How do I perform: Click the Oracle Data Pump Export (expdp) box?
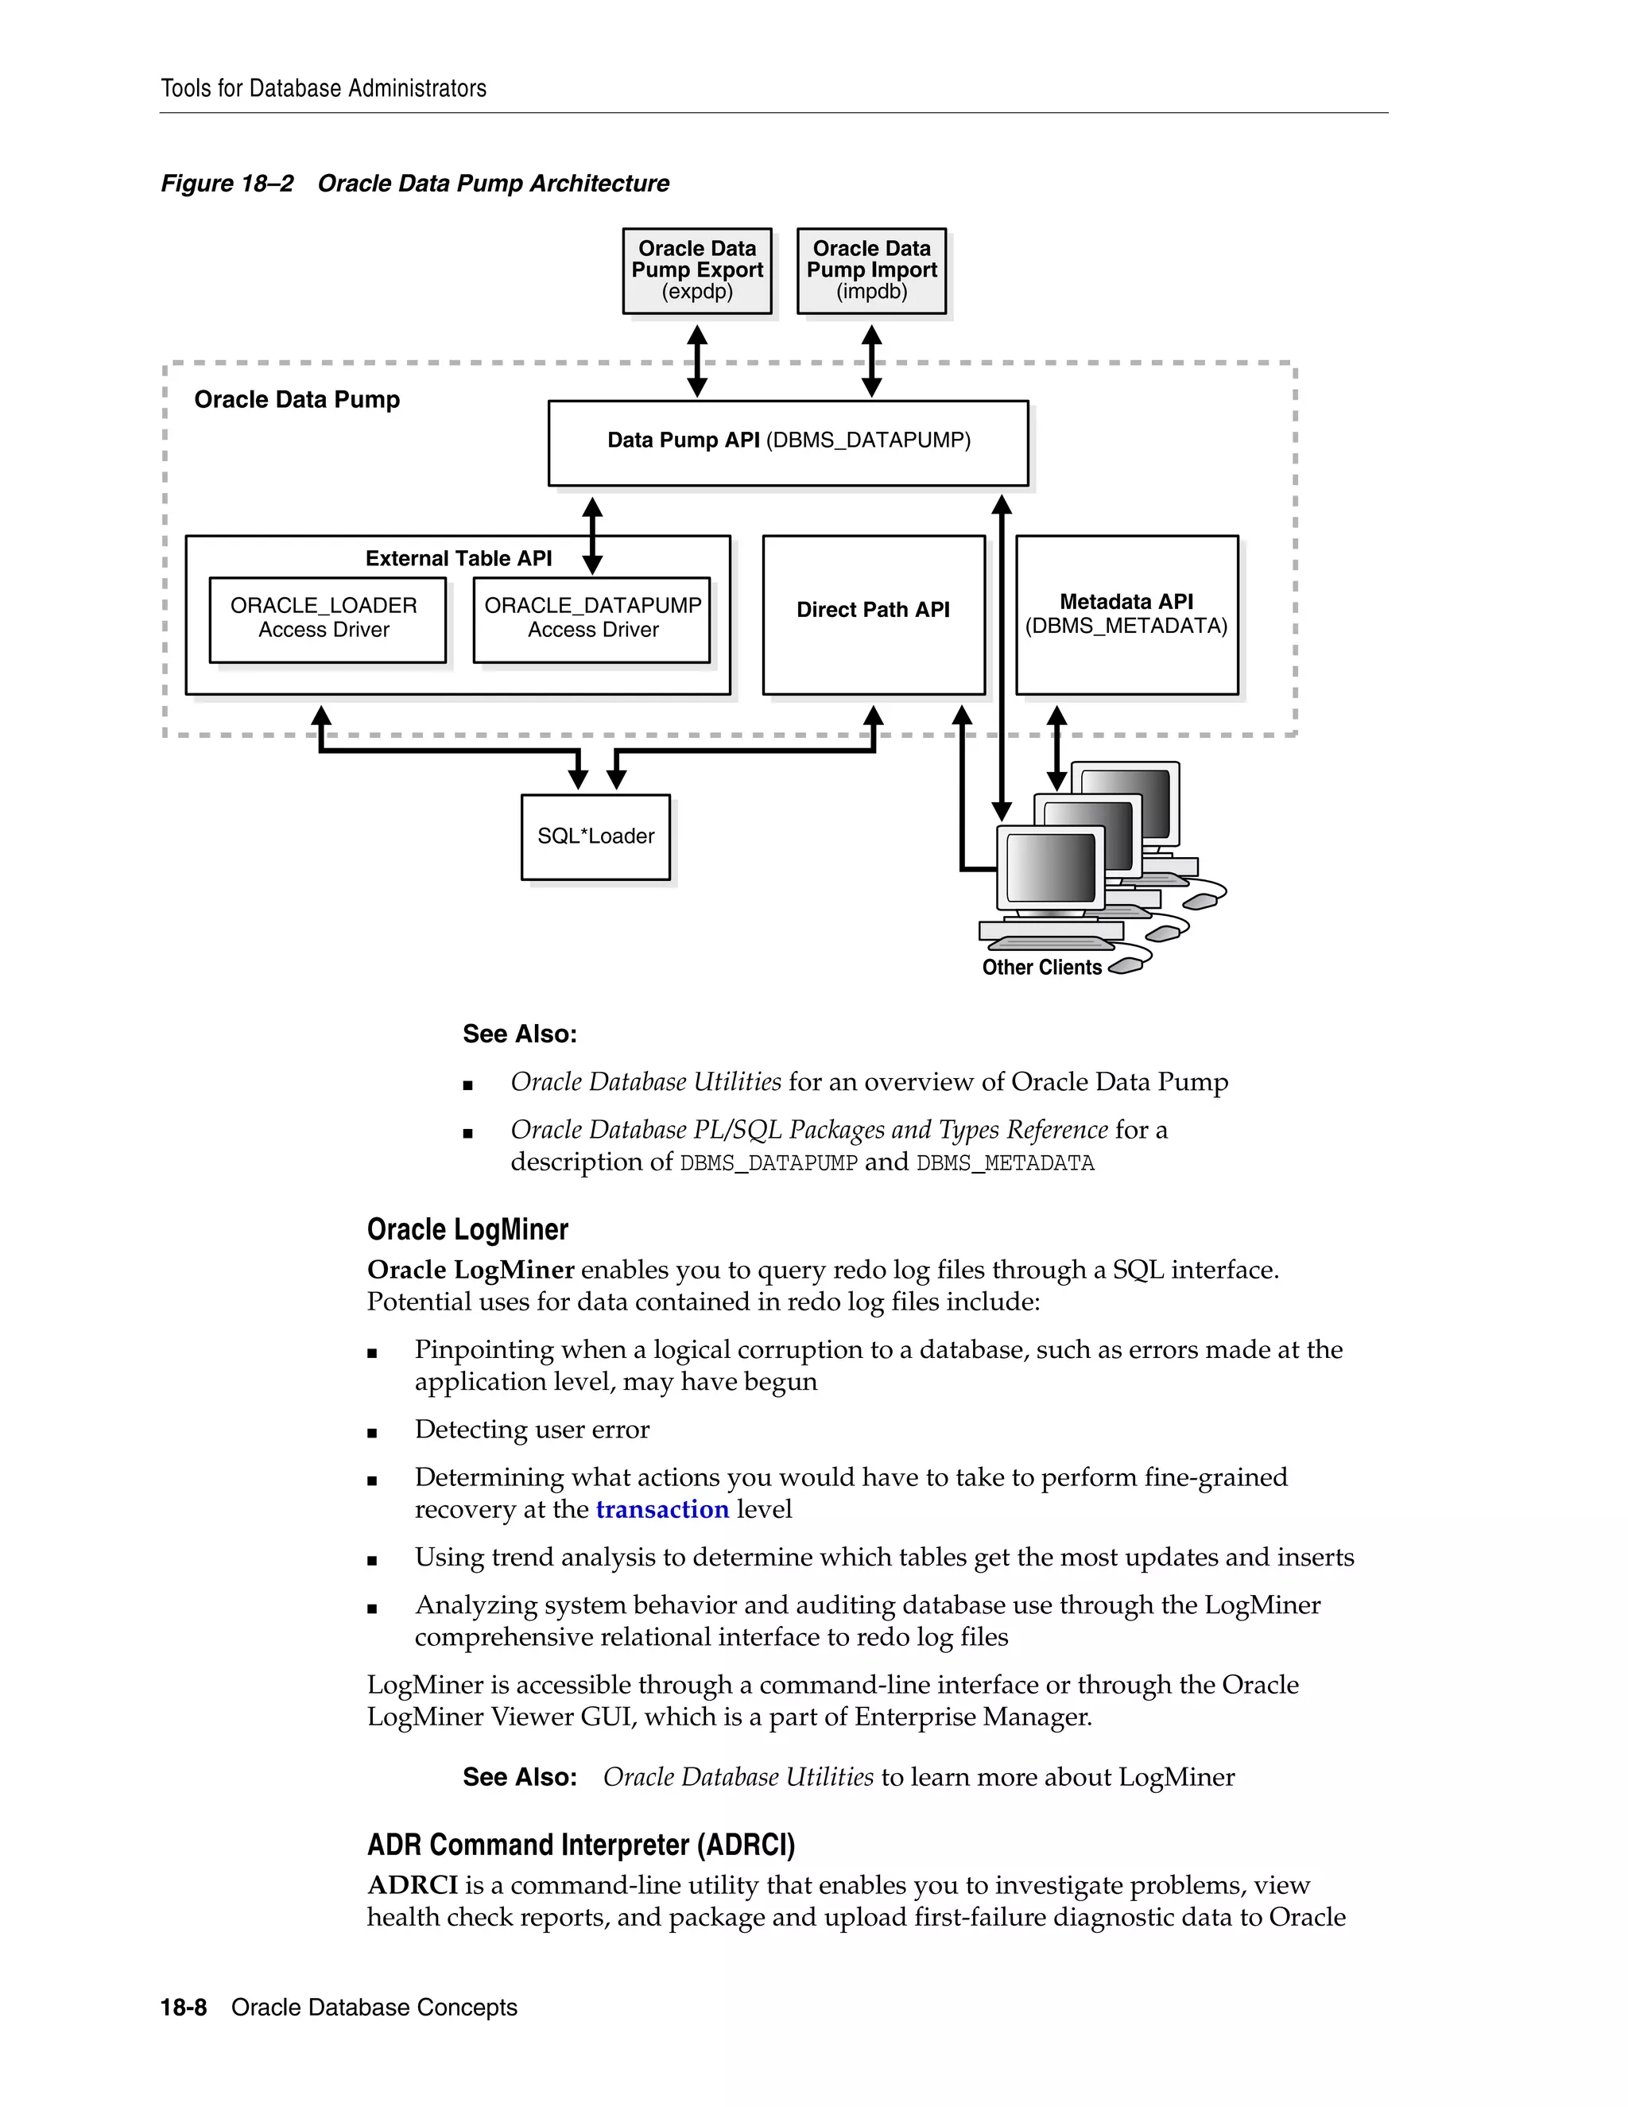[696, 270]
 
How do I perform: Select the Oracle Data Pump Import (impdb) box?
[871, 270]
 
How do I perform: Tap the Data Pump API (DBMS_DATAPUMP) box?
[788, 442]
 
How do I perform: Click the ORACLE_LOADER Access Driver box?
[327, 619]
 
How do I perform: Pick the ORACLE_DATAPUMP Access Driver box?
[591, 619]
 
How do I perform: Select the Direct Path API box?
[873, 614]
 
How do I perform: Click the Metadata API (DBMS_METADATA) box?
[1126, 614]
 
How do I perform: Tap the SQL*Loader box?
[595, 836]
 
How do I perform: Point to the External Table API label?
[458, 559]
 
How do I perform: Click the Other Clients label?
[1041, 968]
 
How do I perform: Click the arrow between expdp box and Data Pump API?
[697, 361]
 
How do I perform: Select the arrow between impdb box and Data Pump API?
[871, 361]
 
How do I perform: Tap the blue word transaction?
[661, 1510]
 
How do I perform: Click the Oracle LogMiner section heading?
[467, 1230]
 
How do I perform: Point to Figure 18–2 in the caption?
[227, 184]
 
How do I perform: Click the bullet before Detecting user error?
[372, 1433]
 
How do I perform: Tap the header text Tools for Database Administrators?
[323, 89]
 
